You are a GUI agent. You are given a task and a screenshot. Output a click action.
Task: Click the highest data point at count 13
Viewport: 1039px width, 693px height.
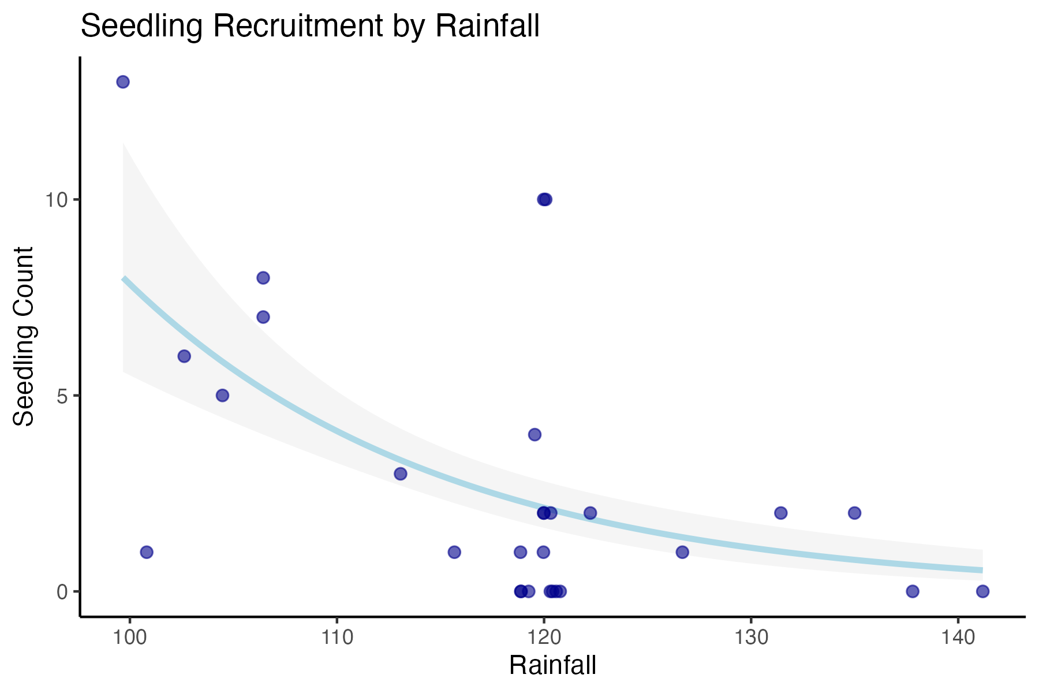(x=123, y=81)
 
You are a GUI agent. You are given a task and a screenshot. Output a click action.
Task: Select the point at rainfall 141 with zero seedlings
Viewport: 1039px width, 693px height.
(x=982, y=591)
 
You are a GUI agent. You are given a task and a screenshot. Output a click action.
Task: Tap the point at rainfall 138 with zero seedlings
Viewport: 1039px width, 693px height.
(x=913, y=591)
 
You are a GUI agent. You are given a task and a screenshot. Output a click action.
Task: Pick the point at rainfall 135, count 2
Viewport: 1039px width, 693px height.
(x=855, y=513)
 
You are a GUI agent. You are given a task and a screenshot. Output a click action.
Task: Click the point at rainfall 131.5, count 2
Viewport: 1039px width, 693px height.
(x=781, y=513)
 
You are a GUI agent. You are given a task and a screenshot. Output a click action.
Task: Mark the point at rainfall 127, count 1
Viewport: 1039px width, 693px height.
(x=682, y=552)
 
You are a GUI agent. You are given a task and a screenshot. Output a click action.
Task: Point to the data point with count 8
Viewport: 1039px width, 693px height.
(x=263, y=278)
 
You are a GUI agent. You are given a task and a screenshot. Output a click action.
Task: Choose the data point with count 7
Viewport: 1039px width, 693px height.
(x=263, y=317)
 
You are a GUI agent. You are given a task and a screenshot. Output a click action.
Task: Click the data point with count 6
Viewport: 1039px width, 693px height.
(x=184, y=356)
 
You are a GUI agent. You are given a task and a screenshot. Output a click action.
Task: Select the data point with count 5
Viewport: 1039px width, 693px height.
(x=223, y=396)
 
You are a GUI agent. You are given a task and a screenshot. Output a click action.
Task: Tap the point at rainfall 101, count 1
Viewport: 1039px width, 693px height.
(x=147, y=552)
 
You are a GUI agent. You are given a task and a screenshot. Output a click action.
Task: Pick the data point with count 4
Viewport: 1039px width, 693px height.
(x=535, y=434)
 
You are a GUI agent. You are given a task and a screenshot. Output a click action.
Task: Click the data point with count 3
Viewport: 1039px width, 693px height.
(x=401, y=474)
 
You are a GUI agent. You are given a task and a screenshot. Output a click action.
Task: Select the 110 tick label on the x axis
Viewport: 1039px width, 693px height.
(x=337, y=638)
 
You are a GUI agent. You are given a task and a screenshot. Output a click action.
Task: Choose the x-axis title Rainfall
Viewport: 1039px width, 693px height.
(x=553, y=666)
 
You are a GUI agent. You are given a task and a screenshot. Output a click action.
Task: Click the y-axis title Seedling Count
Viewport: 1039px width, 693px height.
(x=24, y=337)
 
